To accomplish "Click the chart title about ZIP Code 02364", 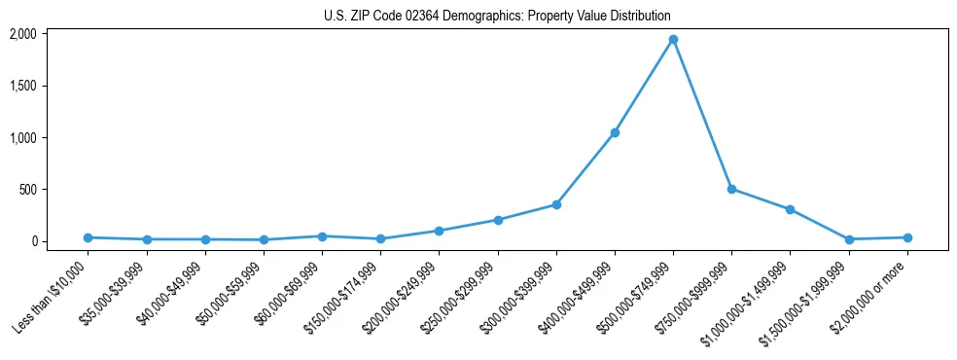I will (497, 17).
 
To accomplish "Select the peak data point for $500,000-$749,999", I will (673, 40).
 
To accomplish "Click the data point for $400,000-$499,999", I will (615, 132).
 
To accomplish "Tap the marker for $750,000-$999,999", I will (731, 189).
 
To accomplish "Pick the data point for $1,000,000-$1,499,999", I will (790, 209).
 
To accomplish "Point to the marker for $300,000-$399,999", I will (556, 204).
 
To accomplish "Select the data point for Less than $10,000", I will (88, 237).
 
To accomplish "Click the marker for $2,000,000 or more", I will (907, 237).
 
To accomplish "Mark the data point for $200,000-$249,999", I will (439, 231).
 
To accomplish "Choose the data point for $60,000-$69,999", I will (322, 236).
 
